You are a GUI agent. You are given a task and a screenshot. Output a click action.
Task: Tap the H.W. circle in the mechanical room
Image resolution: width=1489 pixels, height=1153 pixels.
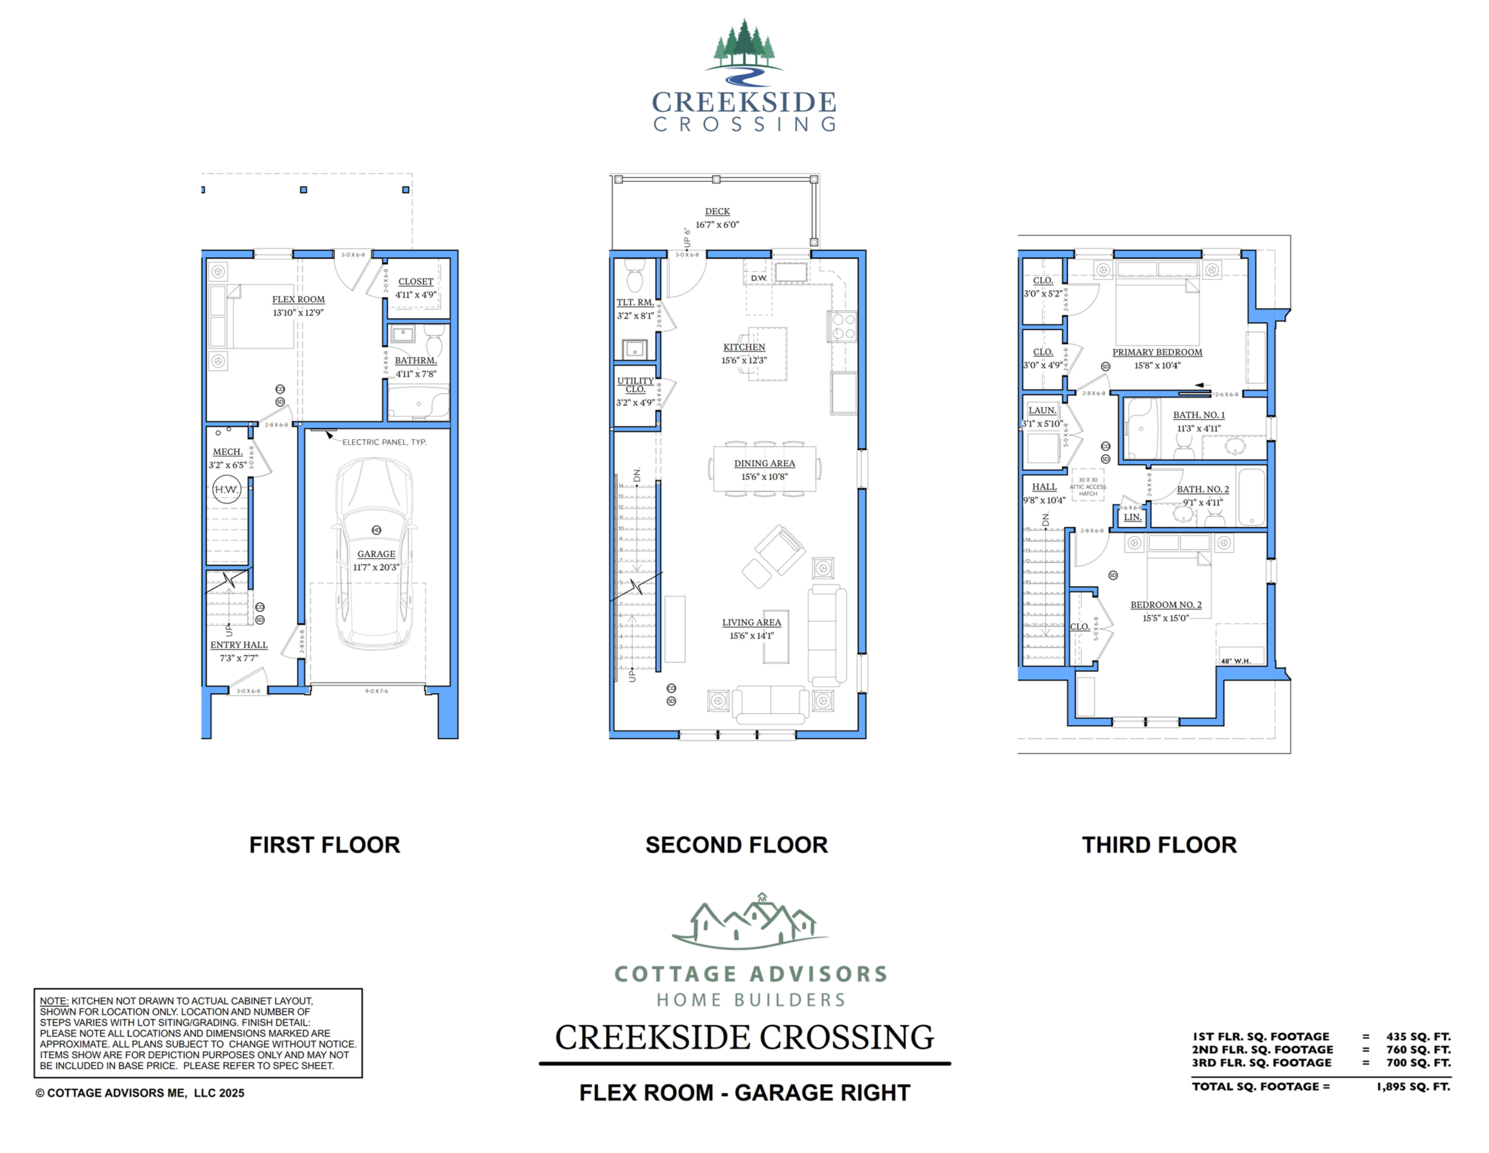point(226,489)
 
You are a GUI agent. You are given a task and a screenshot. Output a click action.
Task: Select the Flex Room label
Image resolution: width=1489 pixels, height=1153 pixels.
point(298,299)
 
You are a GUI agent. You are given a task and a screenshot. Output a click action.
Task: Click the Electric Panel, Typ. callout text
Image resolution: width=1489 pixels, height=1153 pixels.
point(384,442)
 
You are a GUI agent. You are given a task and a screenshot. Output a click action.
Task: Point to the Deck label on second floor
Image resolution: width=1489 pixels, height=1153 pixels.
point(718,212)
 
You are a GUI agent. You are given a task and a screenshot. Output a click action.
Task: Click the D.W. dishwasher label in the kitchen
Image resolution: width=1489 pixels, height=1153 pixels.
point(759,278)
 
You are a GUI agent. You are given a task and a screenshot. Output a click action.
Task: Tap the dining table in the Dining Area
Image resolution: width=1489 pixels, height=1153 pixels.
point(764,469)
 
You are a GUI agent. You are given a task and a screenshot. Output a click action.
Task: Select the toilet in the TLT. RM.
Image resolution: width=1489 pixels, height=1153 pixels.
point(635,276)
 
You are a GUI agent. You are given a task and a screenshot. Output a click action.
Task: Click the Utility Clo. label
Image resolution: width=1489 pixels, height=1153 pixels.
point(635,385)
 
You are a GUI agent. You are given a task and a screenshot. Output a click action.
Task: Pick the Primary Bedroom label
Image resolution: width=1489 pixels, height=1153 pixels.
point(1157,353)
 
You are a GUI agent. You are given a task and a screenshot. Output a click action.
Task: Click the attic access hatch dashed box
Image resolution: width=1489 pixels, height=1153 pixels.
point(1087,486)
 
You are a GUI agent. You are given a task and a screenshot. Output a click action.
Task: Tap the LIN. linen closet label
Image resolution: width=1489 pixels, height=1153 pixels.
point(1133,518)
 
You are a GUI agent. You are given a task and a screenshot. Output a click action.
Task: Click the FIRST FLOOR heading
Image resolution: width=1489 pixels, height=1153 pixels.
point(324,845)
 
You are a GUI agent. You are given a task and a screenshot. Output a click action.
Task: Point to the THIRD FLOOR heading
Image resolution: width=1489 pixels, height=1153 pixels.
point(1159,845)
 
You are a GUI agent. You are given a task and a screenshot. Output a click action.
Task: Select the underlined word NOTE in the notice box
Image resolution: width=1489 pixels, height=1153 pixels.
point(53,1002)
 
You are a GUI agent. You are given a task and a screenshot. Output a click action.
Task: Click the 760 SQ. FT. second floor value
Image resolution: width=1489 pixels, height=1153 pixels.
point(1418,1049)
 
